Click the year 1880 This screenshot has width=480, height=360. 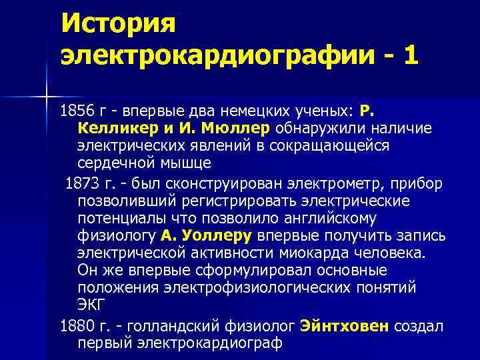[x=78, y=326]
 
